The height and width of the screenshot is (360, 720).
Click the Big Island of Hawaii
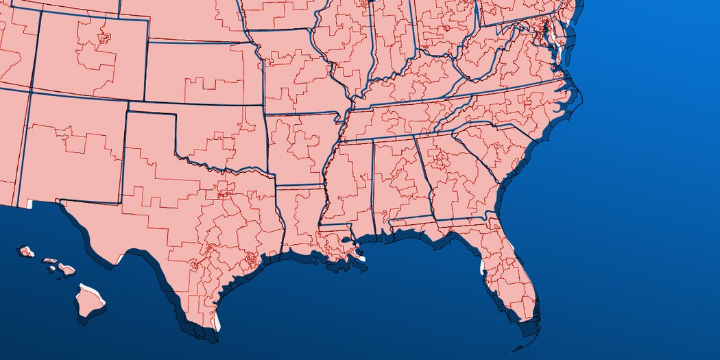(x=89, y=300)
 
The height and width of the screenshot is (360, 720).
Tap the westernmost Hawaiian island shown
(x=26, y=252)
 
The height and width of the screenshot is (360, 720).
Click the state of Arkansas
(x=298, y=147)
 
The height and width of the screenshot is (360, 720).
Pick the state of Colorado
(x=89, y=55)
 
